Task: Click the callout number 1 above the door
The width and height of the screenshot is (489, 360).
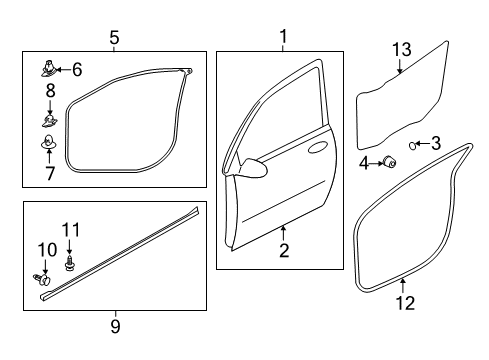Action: point(283,37)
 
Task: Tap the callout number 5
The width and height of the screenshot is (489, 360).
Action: point(114,38)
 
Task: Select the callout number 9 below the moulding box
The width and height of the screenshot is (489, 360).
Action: point(115,326)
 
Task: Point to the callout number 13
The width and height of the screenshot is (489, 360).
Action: point(402,50)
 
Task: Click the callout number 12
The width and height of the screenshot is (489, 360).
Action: point(405,303)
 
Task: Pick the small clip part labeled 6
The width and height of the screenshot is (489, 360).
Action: point(49,68)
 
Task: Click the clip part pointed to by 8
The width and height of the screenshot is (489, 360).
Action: point(50,120)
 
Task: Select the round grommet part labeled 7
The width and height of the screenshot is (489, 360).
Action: point(49,142)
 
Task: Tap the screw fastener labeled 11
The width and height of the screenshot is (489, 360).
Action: point(69,262)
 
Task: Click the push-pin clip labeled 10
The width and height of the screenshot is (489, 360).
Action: point(42,279)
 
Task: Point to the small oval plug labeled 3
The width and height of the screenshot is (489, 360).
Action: point(413,145)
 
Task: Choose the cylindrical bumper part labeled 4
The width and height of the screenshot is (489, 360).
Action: point(389,162)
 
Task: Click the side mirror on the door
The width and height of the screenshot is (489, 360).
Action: point(253,167)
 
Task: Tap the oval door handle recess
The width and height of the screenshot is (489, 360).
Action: point(318,147)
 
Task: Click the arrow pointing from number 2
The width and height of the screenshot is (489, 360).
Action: point(283,233)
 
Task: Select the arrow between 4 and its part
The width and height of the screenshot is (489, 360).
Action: point(376,163)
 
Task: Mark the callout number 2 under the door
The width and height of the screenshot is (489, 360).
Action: point(284,250)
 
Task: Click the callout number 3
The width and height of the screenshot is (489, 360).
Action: point(436,143)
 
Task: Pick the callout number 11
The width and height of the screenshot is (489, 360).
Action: point(71,230)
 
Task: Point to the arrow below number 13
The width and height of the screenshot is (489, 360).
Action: point(400,66)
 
